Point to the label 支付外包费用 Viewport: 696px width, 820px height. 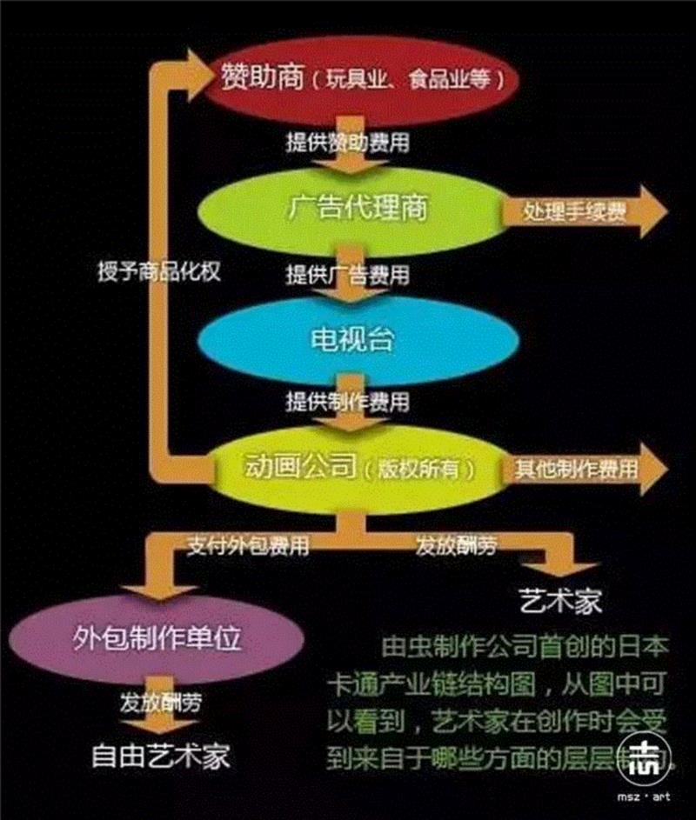coord(247,546)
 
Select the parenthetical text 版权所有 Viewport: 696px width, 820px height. coord(427,470)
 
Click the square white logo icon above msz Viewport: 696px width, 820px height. coord(646,757)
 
